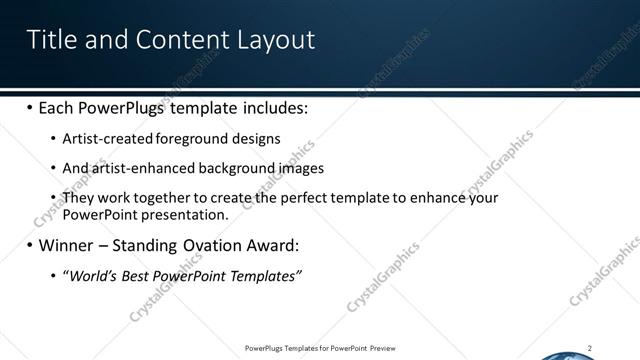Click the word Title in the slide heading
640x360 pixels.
click(x=49, y=39)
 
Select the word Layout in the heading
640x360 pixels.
click(x=276, y=40)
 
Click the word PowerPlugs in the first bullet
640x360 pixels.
click(x=122, y=107)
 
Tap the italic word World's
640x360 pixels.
click(x=91, y=275)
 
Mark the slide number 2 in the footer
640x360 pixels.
click(x=590, y=348)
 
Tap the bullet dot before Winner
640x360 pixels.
click(x=29, y=245)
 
